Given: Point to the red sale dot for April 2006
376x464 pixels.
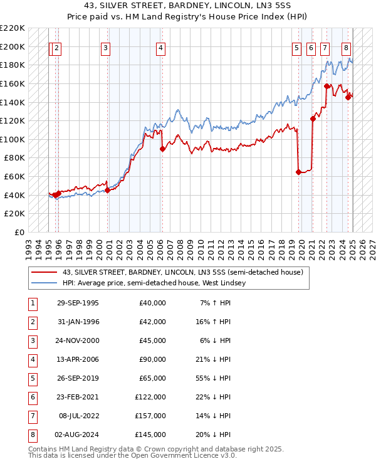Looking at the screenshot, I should coord(162,149).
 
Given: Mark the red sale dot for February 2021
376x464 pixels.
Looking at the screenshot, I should coord(313,119).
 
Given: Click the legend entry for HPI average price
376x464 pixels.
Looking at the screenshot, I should coord(154,283).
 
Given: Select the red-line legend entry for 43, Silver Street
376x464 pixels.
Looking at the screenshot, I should coord(182,272).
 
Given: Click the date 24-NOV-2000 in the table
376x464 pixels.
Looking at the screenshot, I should coord(78,340).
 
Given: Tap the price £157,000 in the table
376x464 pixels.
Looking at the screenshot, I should coord(151,416).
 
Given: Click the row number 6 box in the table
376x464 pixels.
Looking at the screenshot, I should coord(32,397).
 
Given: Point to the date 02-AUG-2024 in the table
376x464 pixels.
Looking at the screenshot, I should coord(78,435).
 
